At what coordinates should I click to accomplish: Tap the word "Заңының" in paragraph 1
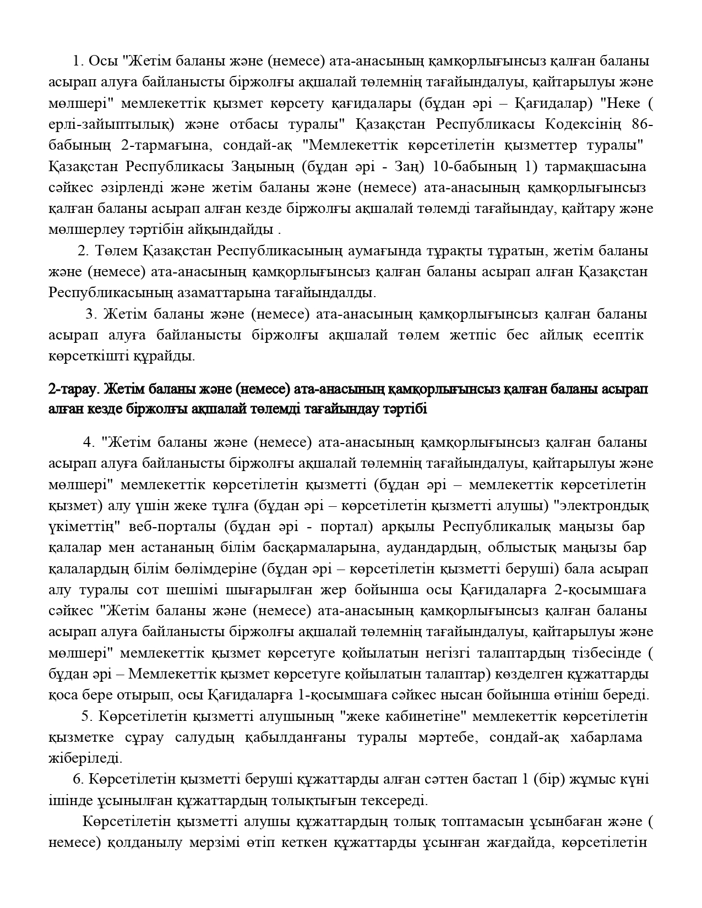(263, 166)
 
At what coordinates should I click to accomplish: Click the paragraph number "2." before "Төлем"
(84, 251)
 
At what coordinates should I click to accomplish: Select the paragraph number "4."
(89, 442)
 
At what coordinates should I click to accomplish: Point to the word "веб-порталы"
(172, 527)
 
